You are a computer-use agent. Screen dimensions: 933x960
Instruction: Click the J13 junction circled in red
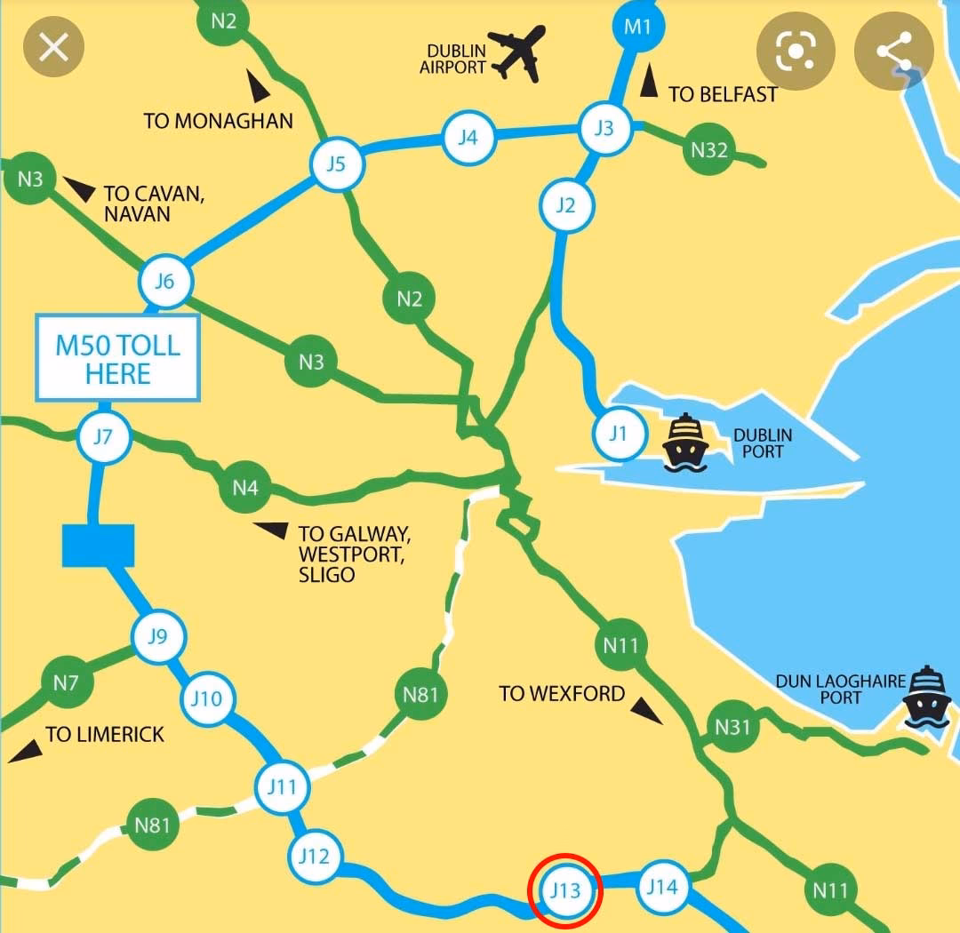pyautogui.click(x=565, y=889)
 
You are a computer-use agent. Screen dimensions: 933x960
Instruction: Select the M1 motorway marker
pyautogui.click(x=637, y=26)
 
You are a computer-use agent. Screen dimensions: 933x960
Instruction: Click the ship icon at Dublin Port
pyautogui.click(x=685, y=442)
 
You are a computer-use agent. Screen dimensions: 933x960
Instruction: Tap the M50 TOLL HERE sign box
pyautogui.click(x=117, y=357)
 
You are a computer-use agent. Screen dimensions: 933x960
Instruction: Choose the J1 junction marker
pyautogui.click(x=618, y=434)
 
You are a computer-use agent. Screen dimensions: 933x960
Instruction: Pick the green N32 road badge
pyautogui.click(x=709, y=149)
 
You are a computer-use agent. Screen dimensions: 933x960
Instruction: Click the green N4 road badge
pyautogui.click(x=245, y=487)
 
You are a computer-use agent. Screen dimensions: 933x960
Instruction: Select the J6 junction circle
pyautogui.click(x=165, y=283)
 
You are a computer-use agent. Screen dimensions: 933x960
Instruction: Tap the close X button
pyautogui.click(x=53, y=47)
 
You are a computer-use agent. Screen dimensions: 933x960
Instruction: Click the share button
pyautogui.click(x=895, y=51)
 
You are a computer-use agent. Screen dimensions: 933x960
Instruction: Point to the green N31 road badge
pyautogui.click(x=732, y=728)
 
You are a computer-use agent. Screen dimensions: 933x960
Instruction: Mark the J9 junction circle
pyautogui.click(x=157, y=636)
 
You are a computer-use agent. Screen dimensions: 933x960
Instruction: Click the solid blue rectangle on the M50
pyautogui.click(x=98, y=545)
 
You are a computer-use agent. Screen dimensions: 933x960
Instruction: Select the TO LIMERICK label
pyautogui.click(x=105, y=734)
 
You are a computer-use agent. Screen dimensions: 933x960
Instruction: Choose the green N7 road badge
pyautogui.click(x=67, y=683)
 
